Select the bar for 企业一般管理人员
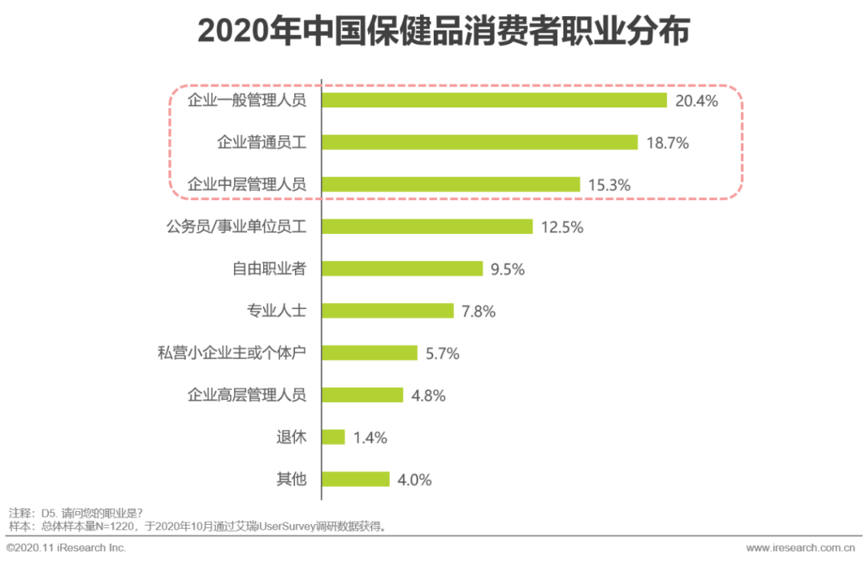(x=495, y=100)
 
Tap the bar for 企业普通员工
(x=480, y=143)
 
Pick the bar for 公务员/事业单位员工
(x=427, y=227)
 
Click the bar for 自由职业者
(x=403, y=269)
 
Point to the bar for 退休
(x=334, y=437)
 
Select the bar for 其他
(x=356, y=479)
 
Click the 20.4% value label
(x=696, y=101)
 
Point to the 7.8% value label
(x=479, y=312)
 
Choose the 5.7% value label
(x=443, y=353)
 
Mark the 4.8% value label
(x=428, y=396)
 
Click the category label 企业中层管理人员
(x=247, y=184)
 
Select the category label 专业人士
(x=277, y=311)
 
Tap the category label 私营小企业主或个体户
(x=232, y=352)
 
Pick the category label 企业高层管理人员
(x=247, y=395)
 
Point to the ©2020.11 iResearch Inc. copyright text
(x=66, y=548)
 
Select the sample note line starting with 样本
(x=197, y=527)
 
